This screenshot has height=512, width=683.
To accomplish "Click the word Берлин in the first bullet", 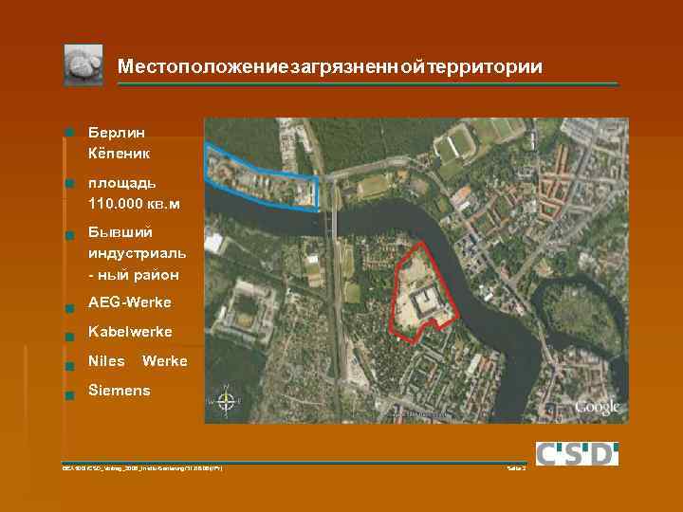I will [115, 133].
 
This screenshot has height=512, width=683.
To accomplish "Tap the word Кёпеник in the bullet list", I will [119, 152].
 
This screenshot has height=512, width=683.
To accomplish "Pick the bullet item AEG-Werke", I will [129, 302].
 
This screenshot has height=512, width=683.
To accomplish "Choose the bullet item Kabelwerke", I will [130, 332].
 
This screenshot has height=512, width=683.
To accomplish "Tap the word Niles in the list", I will [106, 361].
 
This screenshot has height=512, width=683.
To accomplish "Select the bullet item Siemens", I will [119, 390].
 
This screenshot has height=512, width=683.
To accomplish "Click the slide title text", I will [330, 67].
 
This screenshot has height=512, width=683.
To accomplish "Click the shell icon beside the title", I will [83, 64].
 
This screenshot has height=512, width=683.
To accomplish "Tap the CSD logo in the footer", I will [577, 453].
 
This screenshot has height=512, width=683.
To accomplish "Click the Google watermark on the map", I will [598, 408].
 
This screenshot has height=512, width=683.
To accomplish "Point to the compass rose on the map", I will [226, 402].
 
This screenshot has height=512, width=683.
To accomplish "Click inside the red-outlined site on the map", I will [417, 284].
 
